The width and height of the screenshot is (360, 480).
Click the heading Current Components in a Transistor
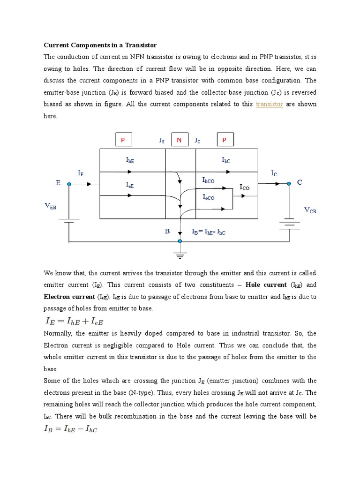100,45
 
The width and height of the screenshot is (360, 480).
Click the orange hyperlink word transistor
270,104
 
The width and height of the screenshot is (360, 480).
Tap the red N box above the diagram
179,140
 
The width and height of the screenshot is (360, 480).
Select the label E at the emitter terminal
58,183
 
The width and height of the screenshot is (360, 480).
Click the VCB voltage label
310,210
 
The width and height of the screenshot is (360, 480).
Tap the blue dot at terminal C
289,184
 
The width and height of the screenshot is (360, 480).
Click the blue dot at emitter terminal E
69,184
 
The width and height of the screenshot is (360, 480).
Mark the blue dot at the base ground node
180,241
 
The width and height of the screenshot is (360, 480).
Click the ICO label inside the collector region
245,187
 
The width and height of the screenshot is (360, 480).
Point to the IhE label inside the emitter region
130,160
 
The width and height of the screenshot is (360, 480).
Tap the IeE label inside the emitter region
130,186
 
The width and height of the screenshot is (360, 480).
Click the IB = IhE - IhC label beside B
209,232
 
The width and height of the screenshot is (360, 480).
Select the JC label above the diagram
197,140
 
